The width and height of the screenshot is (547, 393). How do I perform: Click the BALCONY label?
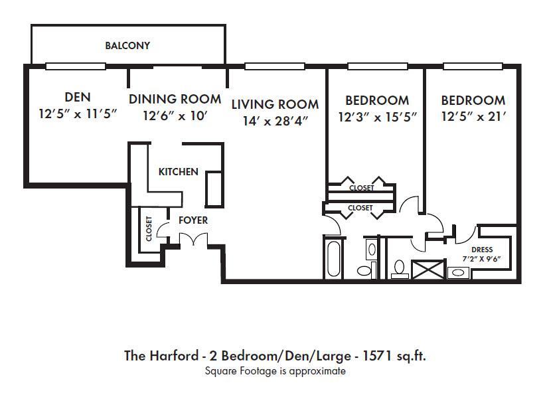pyautogui.click(x=127, y=46)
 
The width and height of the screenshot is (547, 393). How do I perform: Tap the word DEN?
pyautogui.click(x=78, y=98)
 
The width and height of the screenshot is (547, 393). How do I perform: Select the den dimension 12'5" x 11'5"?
pyautogui.click(x=78, y=114)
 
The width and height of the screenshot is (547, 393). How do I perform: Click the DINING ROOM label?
pyautogui.click(x=175, y=99)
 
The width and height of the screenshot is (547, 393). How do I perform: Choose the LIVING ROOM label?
pyautogui.click(x=275, y=104)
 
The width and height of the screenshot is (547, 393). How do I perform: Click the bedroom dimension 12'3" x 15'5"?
pyautogui.click(x=377, y=117)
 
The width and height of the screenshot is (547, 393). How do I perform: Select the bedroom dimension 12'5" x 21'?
pyautogui.click(x=473, y=117)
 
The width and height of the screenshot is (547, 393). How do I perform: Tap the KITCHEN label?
pyautogui.click(x=178, y=172)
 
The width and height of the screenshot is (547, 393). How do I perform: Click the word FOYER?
pyautogui.click(x=193, y=220)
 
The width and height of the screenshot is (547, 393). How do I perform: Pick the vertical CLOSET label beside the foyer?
pyautogui.click(x=149, y=228)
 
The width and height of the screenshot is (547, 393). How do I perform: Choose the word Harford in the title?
pyautogui.click(x=171, y=355)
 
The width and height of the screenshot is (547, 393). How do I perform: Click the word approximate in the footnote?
pyautogui.click(x=321, y=371)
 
